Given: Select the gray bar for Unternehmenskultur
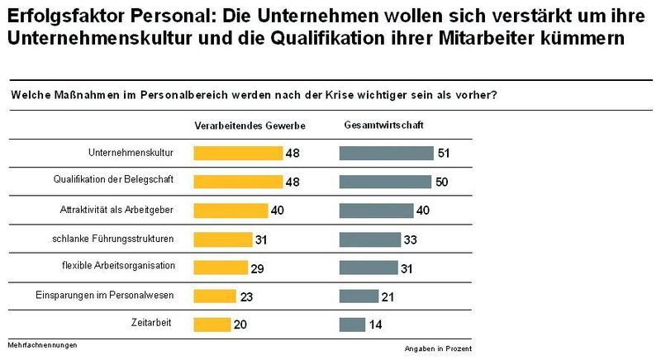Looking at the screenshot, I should (387, 153).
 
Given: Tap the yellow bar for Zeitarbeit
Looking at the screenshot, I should (212, 324).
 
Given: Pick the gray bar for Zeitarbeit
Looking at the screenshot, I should (352, 324).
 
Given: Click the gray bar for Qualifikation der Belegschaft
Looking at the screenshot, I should (385, 182).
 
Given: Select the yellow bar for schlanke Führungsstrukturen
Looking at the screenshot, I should (222, 239).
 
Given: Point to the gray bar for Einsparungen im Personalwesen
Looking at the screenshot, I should (359, 296).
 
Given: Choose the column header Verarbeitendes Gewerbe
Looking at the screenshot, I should (250, 126).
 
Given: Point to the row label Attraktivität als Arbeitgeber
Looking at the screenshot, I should (127, 210).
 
